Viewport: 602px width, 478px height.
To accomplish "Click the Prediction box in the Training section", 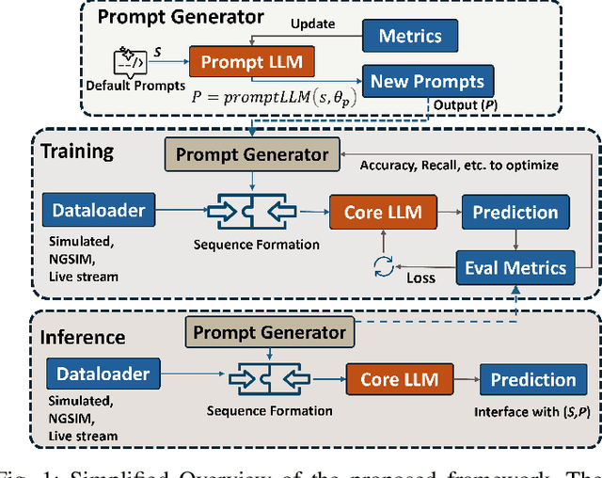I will [x=515, y=213].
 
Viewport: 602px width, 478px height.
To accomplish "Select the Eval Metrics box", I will [x=516, y=267].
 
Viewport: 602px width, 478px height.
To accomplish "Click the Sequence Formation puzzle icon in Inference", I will [x=269, y=381].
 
